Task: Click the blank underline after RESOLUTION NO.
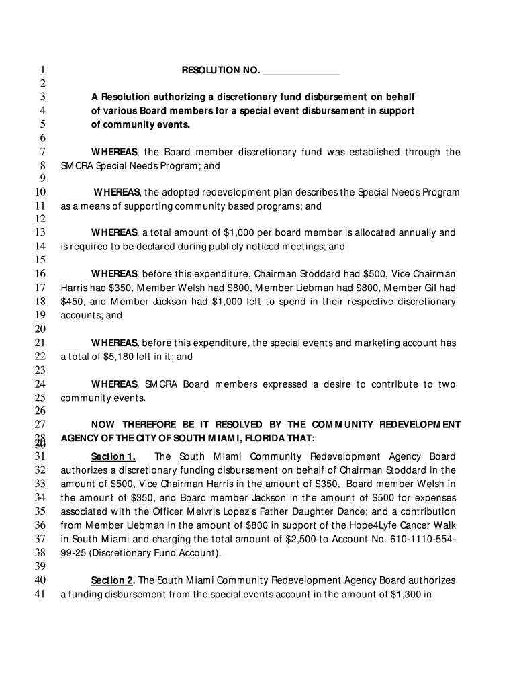[x=301, y=71]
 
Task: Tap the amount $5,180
[x=118, y=357]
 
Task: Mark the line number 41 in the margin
[x=39, y=594]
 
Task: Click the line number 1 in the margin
[x=42, y=71]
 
